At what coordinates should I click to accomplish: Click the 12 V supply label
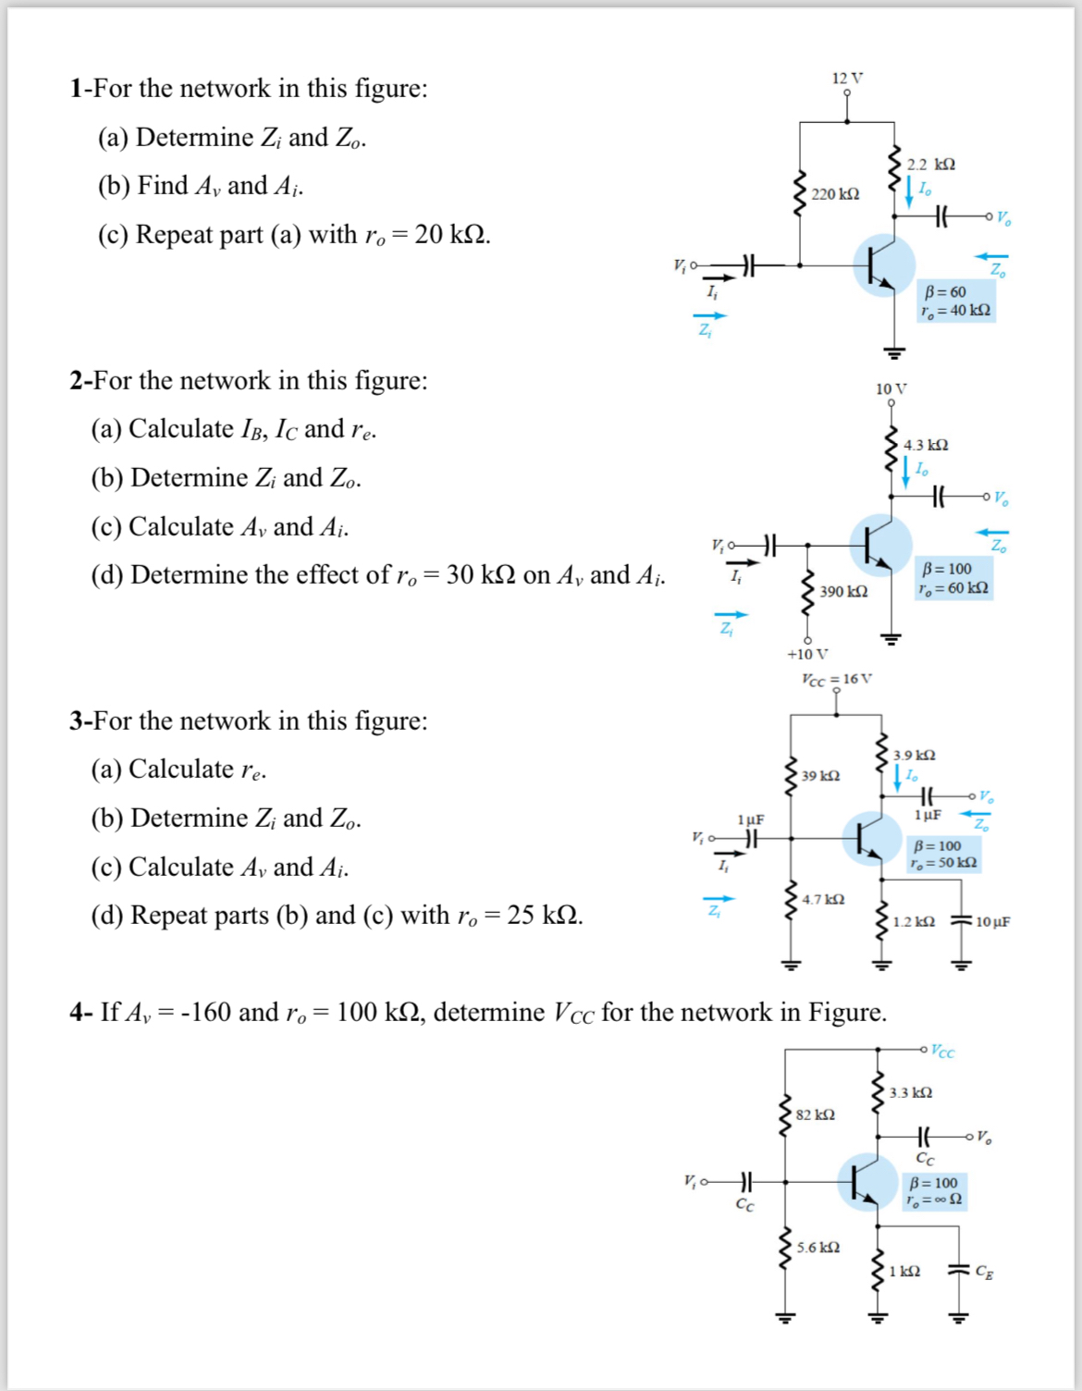846,79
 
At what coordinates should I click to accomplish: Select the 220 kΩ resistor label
835,194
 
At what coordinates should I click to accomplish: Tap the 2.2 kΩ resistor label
930,165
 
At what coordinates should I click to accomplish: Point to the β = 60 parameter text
944,292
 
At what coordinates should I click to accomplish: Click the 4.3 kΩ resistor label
926,445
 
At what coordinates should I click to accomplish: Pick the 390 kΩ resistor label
843,591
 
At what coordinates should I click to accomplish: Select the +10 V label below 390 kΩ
807,654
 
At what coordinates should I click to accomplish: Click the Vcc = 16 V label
836,679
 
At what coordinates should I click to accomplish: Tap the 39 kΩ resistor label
820,775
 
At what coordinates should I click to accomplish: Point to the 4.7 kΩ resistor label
823,899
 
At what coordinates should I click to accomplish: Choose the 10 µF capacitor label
992,922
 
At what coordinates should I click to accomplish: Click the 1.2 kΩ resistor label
914,922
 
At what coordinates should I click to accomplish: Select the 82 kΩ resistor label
815,1114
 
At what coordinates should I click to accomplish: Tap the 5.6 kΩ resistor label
818,1248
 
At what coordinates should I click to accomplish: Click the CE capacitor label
984,1272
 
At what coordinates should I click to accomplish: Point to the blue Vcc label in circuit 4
942,1052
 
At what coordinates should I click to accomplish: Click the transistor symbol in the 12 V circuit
883,265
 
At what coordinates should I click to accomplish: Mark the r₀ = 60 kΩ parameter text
953,588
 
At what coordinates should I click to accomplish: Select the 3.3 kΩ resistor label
910,1093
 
